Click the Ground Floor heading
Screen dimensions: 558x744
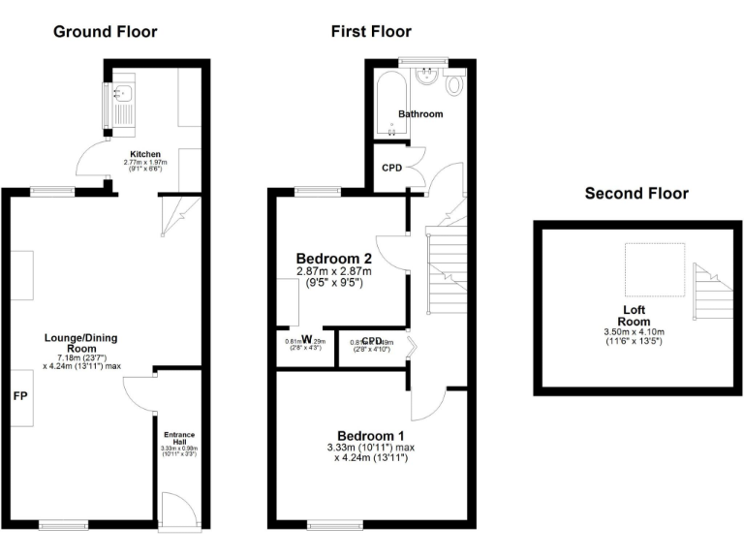click(x=105, y=32)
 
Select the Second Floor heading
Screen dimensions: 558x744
click(x=636, y=194)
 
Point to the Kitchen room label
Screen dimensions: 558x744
click(x=145, y=153)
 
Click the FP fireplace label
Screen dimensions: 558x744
click(x=19, y=396)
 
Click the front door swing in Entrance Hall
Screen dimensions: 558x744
click(x=173, y=509)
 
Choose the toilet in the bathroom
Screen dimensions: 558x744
click(x=454, y=86)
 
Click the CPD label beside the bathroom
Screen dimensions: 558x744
click(x=391, y=168)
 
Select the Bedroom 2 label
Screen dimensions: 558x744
click(x=333, y=259)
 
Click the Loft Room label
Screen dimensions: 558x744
click(x=635, y=316)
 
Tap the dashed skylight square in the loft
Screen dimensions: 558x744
click(x=654, y=266)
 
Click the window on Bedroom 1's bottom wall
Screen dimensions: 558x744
click(x=335, y=526)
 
